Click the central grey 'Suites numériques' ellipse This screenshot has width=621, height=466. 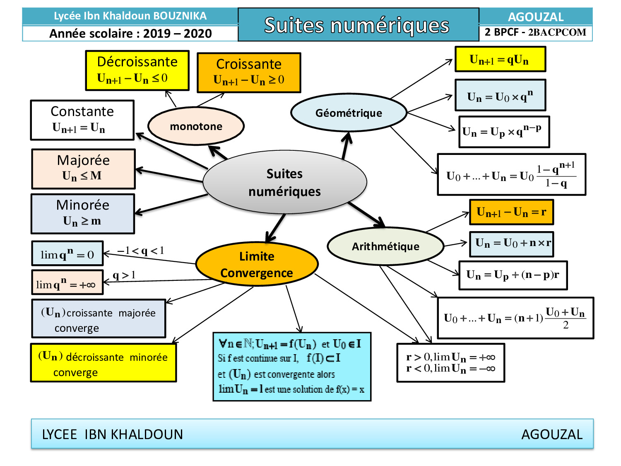click(285, 182)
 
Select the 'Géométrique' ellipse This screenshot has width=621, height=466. click(349, 113)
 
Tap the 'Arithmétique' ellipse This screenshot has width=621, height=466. click(385, 246)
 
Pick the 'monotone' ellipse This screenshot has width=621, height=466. click(196, 126)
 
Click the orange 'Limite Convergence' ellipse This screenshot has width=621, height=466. click(257, 264)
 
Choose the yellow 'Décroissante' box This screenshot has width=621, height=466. click(137, 70)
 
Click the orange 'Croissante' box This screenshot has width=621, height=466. click(249, 72)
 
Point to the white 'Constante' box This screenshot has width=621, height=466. click(82, 120)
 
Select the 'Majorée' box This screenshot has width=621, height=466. click(84, 169)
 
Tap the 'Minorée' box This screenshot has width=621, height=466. click(83, 214)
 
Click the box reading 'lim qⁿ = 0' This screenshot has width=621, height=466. click(67, 254)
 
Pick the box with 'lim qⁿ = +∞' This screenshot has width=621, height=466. click(67, 282)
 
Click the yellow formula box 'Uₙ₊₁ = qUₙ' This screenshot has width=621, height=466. click(500, 59)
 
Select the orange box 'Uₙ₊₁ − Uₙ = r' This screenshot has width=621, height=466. click(511, 212)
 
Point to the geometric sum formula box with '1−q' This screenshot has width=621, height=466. click(511, 174)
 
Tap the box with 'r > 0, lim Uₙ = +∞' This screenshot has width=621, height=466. click(450, 362)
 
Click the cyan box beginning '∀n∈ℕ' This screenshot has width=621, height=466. click(292, 367)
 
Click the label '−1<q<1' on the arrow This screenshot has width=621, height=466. click(141, 251)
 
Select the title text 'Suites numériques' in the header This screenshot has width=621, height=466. click(357, 25)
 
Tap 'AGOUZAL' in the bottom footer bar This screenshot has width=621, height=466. click(551, 434)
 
